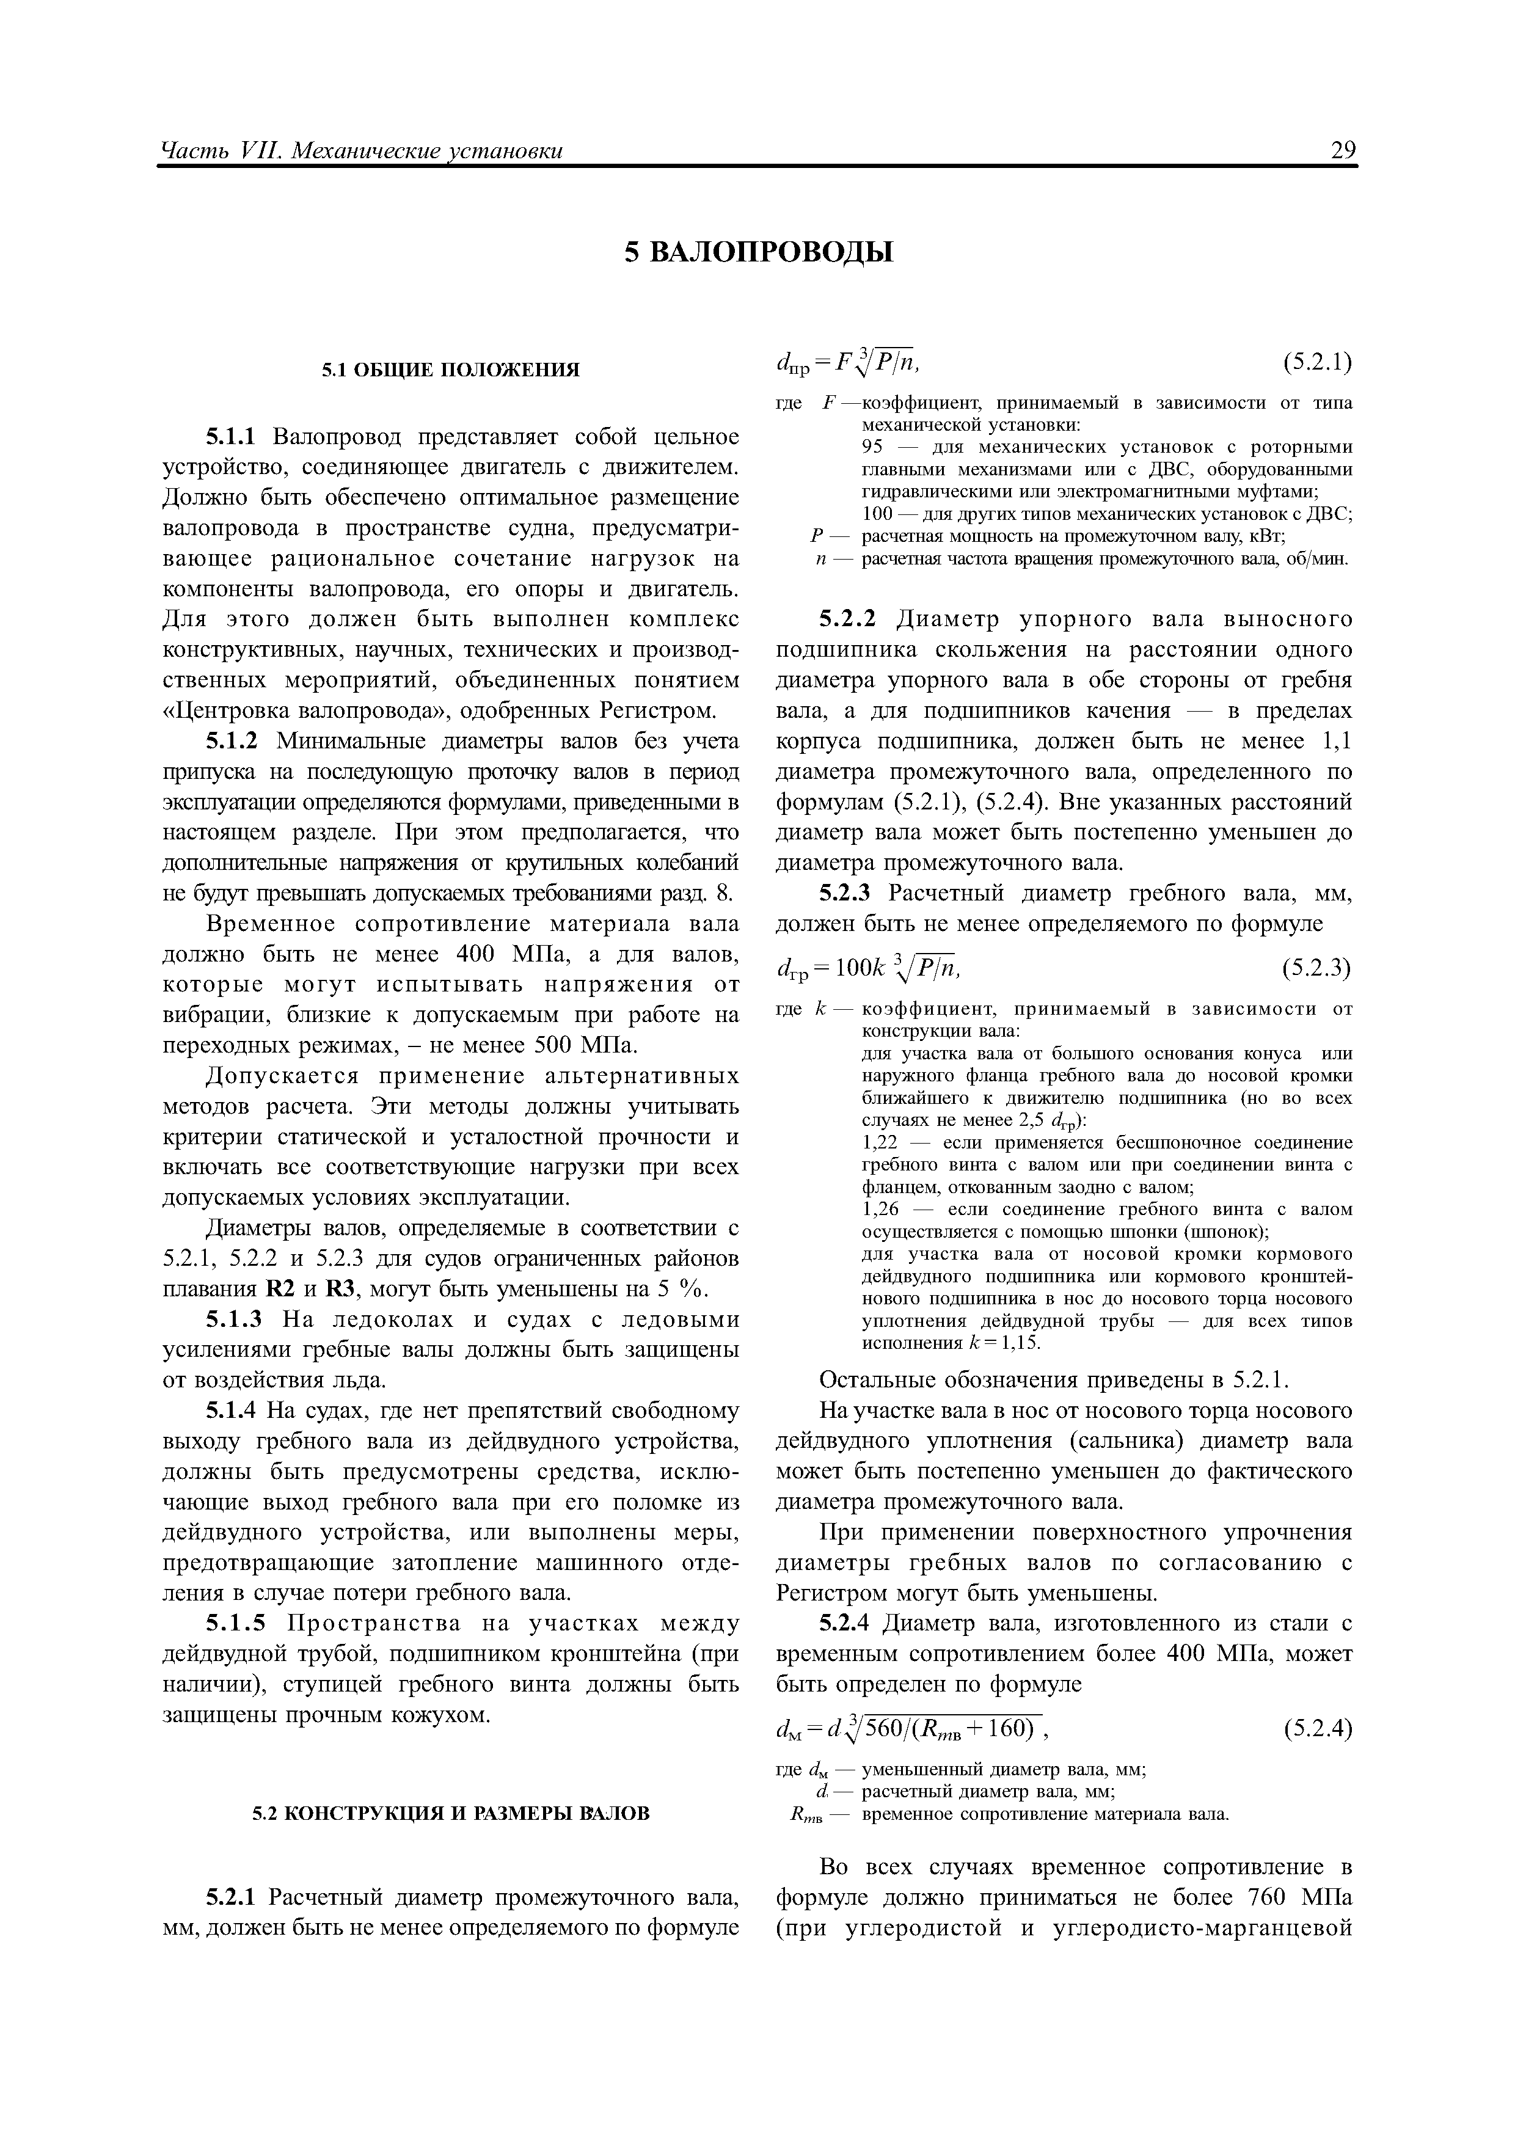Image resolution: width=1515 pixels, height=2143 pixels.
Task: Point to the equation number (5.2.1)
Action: point(1317,362)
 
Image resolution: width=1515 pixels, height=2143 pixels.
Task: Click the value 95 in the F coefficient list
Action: point(873,447)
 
